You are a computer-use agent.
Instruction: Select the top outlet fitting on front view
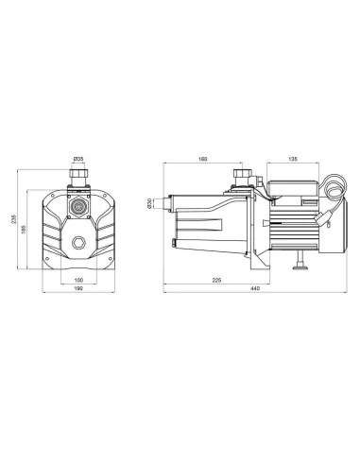[79, 175]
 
